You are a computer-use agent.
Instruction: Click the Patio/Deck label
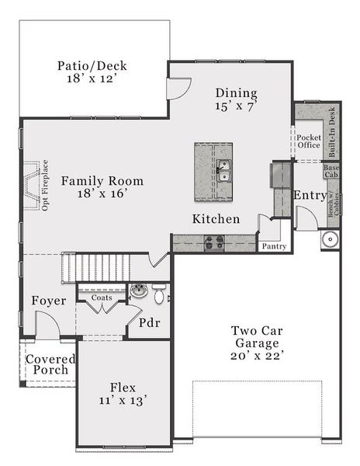(x=92, y=65)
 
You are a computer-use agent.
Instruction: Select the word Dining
(x=236, y=92)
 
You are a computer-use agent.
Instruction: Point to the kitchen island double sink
(x=223, y=169)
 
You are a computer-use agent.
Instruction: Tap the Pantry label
(x=274, y=246)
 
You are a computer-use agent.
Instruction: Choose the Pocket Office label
(x=309, y=141)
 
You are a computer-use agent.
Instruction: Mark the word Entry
(x=310, y=196)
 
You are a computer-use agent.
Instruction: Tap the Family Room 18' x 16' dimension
(x=92, y=195)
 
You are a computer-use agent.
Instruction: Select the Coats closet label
(x=102, y=297)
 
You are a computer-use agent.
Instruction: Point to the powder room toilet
(x=160, y=295)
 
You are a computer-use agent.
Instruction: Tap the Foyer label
(x=48, y=301)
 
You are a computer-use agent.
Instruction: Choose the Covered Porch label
(x=50, y=364)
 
